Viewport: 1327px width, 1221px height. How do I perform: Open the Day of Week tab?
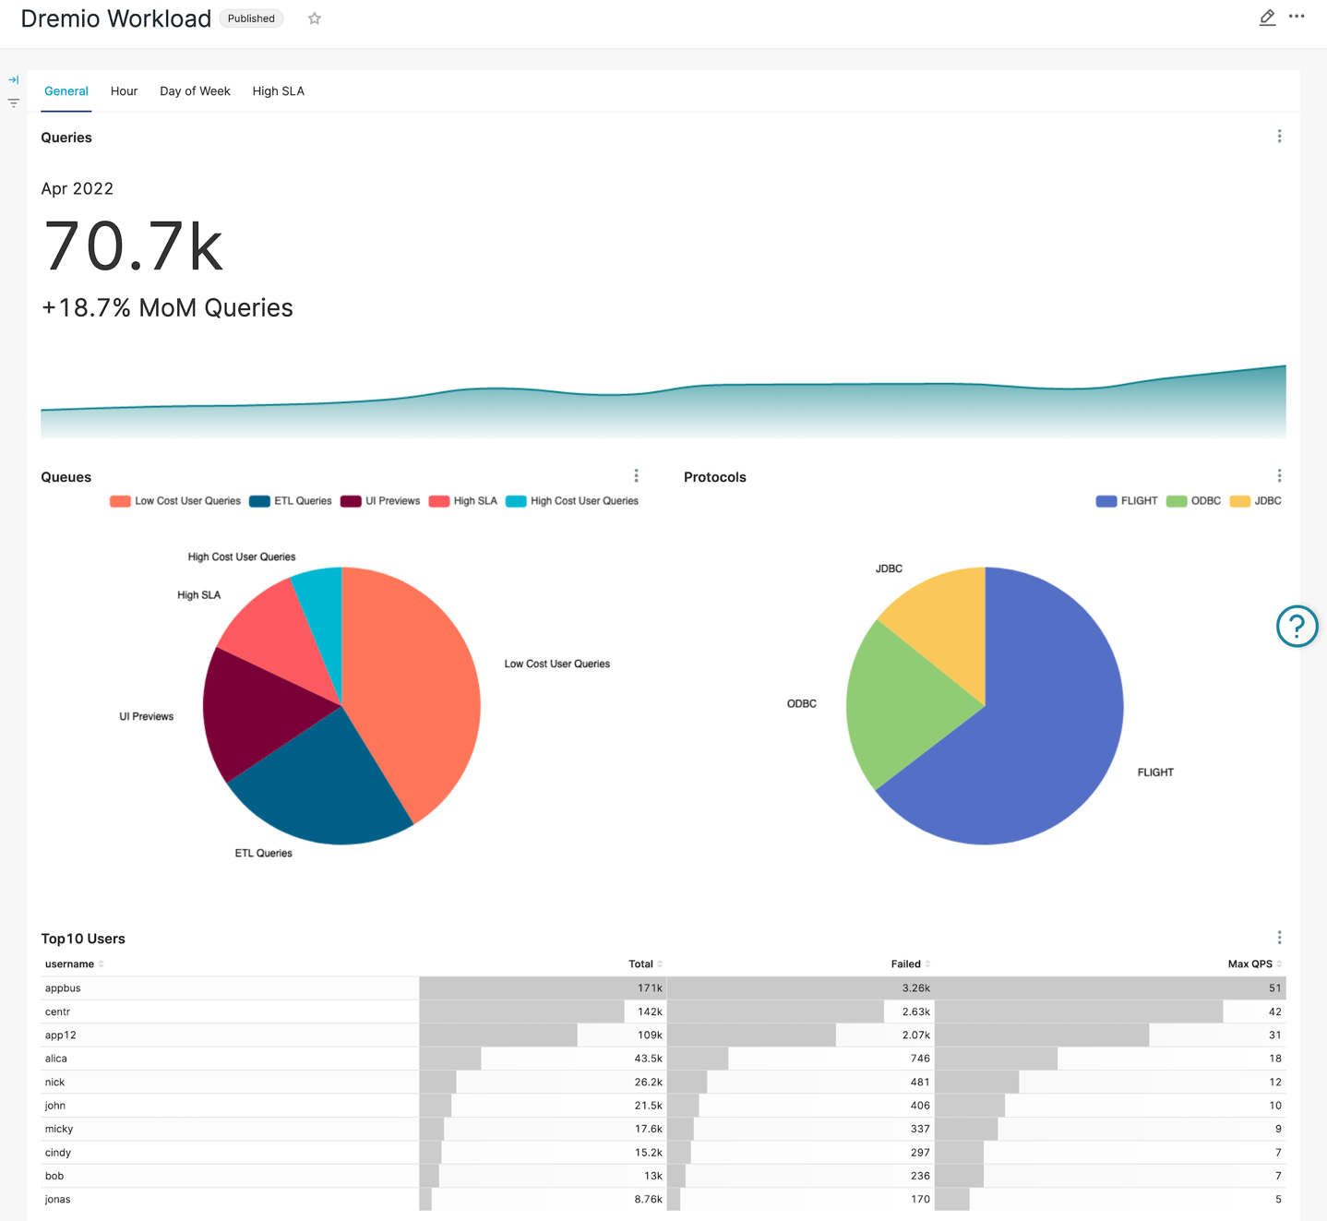pyautogui.click(x=195, y=91)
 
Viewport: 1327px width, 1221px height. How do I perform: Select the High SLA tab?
pyautogui.click(x=278, y=91)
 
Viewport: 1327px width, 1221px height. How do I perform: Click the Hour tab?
pyautogui.click(x=124, y=91)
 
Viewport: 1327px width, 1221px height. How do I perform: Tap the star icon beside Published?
pyautogui.click(x=315, y=18)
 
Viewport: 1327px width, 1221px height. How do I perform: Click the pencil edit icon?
pyautogui.click(x=1267, y=18)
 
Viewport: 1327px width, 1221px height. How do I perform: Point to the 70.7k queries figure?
pyautogui.click(x=133, y=246)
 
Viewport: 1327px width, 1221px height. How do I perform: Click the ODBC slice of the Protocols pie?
pyautogui.click(x=900, y=701)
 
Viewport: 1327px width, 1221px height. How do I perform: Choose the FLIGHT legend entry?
pyautogui.click(x=1127, y=501)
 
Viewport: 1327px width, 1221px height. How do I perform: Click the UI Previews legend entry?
pyautogui.click(x=380, y=501)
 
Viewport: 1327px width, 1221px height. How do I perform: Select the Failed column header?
pyautogui.click(x=905, y=964)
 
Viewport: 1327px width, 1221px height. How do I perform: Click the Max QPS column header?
pyautogui.click(x=1249, y=964)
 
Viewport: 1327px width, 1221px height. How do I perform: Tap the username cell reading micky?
pyautogui.click(x=59, y=1129)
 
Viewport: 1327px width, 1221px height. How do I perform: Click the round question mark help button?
pyautogui.click(x=1297, y=627)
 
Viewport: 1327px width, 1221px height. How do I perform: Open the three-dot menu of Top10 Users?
pyautogui.click(x=1279, y=938)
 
